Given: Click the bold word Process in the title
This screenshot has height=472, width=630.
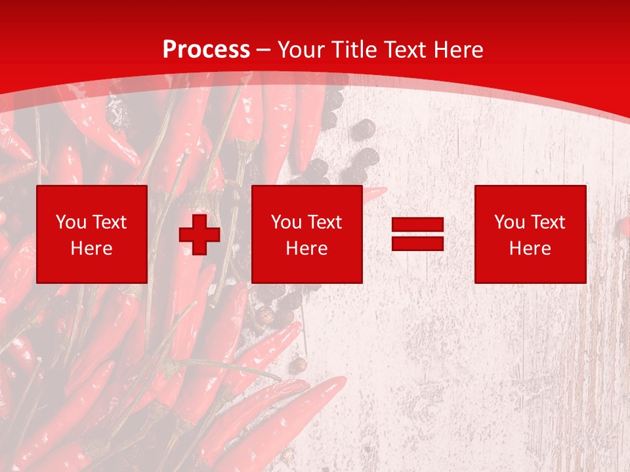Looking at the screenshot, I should pos(206,50).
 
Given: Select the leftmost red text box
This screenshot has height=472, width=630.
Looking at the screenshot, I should pos(92,234).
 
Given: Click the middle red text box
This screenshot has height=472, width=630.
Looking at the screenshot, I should pos(307,234).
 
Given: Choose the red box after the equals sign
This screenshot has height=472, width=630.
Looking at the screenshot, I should pos(530,234).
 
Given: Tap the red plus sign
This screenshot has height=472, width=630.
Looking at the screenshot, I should pos(199,234).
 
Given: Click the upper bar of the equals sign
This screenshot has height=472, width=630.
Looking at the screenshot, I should pos(418,225).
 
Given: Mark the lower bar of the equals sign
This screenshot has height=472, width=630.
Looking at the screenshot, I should pos(418,243).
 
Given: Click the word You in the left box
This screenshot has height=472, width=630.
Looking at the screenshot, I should pos(70,222).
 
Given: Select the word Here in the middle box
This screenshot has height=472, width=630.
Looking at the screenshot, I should pos(307,248).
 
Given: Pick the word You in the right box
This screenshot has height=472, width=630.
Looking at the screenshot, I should pos(509,222).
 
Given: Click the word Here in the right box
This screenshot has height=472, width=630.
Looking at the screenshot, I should pos(530,248).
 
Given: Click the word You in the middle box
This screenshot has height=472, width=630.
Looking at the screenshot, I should pos(285,222).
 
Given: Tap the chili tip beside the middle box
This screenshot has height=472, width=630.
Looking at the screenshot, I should pos(376,193).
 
